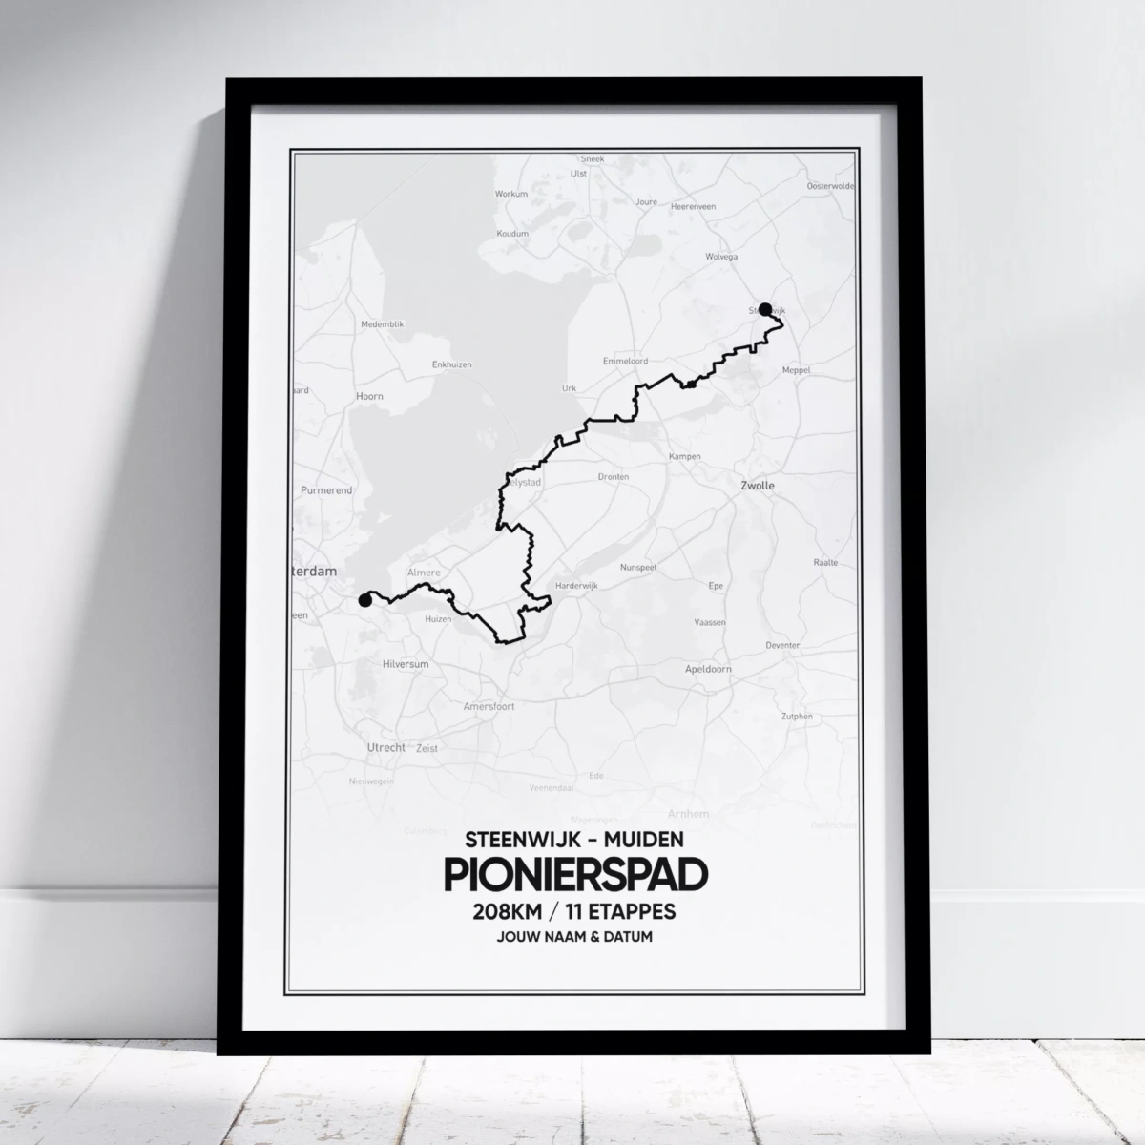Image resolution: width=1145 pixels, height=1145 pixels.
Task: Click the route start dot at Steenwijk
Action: [764, 308]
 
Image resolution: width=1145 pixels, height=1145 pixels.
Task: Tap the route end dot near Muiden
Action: [364, 600]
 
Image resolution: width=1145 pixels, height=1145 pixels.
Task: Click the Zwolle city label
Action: [758, 486]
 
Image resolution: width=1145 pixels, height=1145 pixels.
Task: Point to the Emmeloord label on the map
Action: [625, 362]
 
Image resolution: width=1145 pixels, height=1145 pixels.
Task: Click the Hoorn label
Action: [369, 396]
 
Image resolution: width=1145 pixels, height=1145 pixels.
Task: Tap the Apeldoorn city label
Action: [708, 669]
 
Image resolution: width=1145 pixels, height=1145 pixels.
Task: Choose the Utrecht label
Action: [386, 748]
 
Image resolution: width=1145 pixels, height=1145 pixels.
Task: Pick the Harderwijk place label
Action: [575, 585]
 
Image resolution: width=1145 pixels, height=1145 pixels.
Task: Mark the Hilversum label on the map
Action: [405, 663]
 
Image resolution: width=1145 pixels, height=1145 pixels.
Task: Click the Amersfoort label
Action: [489, 706]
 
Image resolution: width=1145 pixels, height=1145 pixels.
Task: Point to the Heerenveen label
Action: [694, 206]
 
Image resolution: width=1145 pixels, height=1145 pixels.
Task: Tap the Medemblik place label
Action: [383, 324]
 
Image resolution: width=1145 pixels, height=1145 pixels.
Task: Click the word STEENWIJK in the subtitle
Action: [515, 840]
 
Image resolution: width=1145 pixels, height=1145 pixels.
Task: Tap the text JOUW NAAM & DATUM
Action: [573, 937]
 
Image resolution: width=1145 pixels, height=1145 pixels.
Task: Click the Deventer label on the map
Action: [782, 645]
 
